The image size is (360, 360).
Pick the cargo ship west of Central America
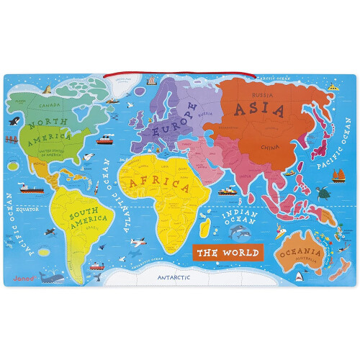(29, 186)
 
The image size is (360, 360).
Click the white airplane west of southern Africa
(134, 243)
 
